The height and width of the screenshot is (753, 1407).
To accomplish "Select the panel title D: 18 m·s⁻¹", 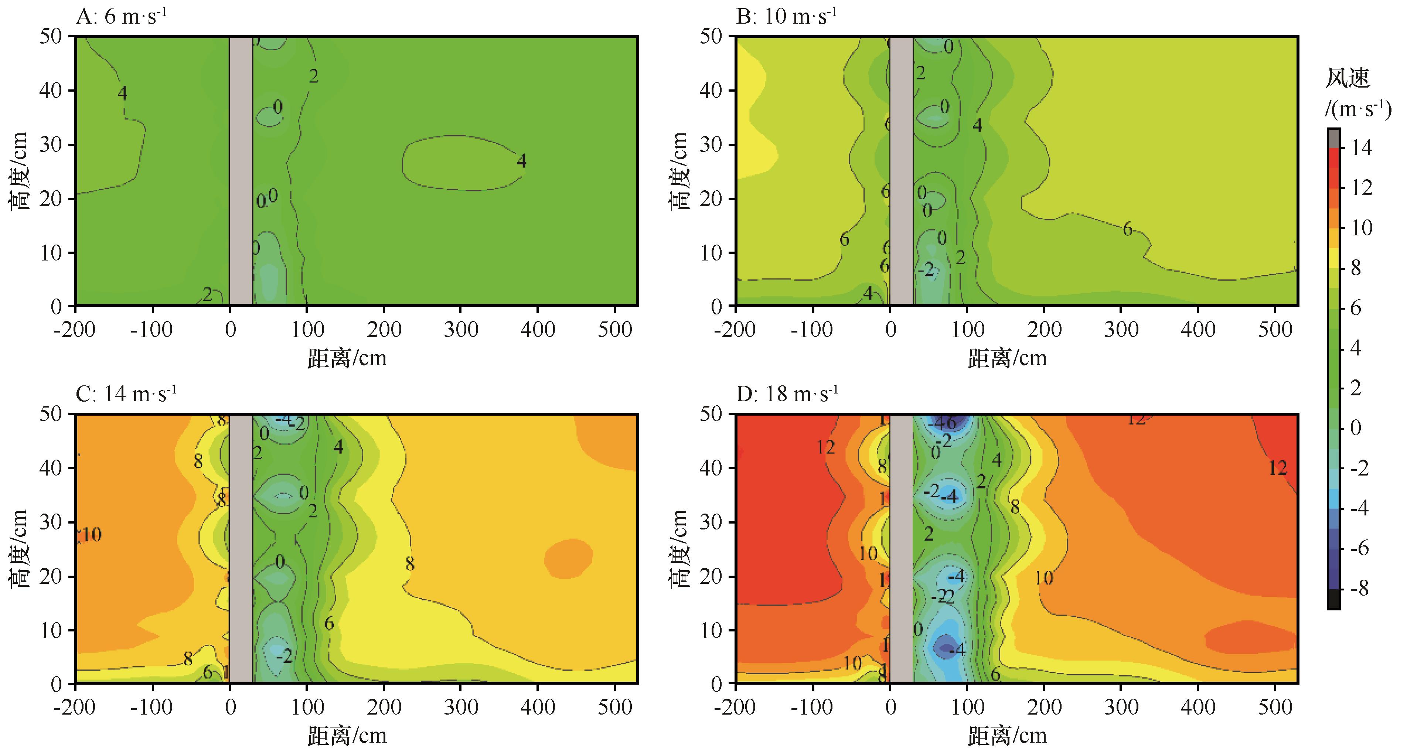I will tap(787, 394).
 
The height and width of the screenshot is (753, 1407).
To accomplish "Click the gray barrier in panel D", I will tap(901, 548).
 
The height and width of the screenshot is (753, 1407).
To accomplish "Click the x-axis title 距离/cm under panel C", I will tap(347, 736).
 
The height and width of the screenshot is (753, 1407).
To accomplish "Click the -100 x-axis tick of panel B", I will tap(813, 329).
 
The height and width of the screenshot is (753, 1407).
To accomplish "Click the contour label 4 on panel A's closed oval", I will tap(522, 161).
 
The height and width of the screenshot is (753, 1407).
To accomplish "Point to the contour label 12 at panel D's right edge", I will tap(1278, 468).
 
